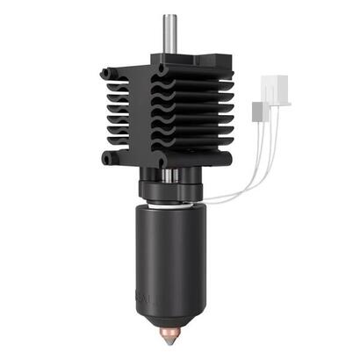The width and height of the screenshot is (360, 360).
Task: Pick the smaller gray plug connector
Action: (257, 112)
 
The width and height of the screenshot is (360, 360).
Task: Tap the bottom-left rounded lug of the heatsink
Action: (109, 159)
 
